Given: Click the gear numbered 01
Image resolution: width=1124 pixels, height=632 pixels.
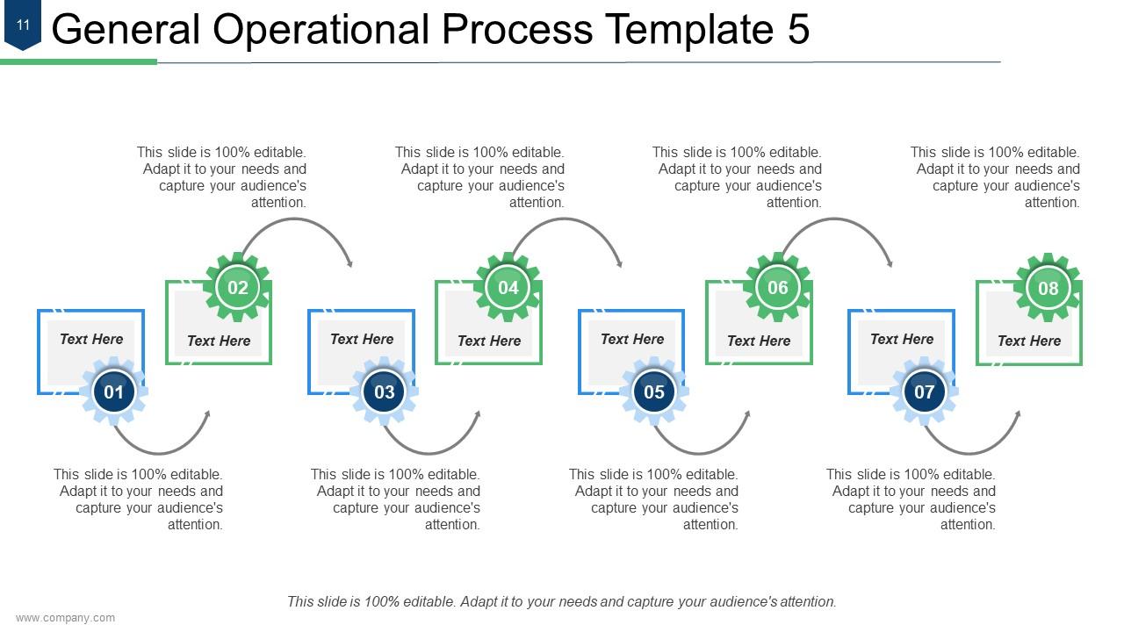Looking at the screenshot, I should (x=114, y=392).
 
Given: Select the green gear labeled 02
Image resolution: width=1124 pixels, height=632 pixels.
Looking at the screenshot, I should (x=237, y=288).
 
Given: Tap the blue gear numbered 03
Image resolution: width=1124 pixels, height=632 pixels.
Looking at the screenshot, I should (x=384, y=392).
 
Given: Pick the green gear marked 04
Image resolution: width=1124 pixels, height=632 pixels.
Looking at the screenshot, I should (x=508, y=288).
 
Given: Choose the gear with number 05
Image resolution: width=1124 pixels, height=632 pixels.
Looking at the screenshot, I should (x=654, y=392).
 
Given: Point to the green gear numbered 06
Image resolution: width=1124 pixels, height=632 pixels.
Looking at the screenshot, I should (x=778, y=288).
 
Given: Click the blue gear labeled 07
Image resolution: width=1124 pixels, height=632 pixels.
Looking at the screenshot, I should (x=924, y=392).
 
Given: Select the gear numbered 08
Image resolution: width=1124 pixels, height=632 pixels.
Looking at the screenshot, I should (x=1048, y=288).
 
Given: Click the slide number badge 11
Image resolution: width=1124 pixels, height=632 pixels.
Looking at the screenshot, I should (x=23, y=26).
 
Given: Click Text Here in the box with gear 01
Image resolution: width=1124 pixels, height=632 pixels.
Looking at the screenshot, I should (x=91, y=339).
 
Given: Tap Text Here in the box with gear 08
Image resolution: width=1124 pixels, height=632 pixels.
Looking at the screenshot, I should (x=1029, y=341).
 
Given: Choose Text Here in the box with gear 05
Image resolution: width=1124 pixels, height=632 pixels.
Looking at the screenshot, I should (x=632, y=339).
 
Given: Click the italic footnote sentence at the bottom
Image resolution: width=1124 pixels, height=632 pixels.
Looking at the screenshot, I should (x=562, y=602).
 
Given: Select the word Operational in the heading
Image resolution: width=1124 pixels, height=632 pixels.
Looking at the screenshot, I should (x=321, y=30).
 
